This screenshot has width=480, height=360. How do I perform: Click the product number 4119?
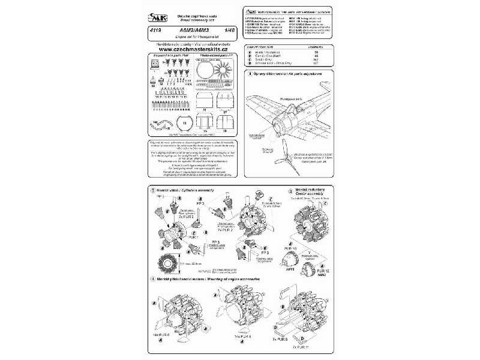tap(152, 34)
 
